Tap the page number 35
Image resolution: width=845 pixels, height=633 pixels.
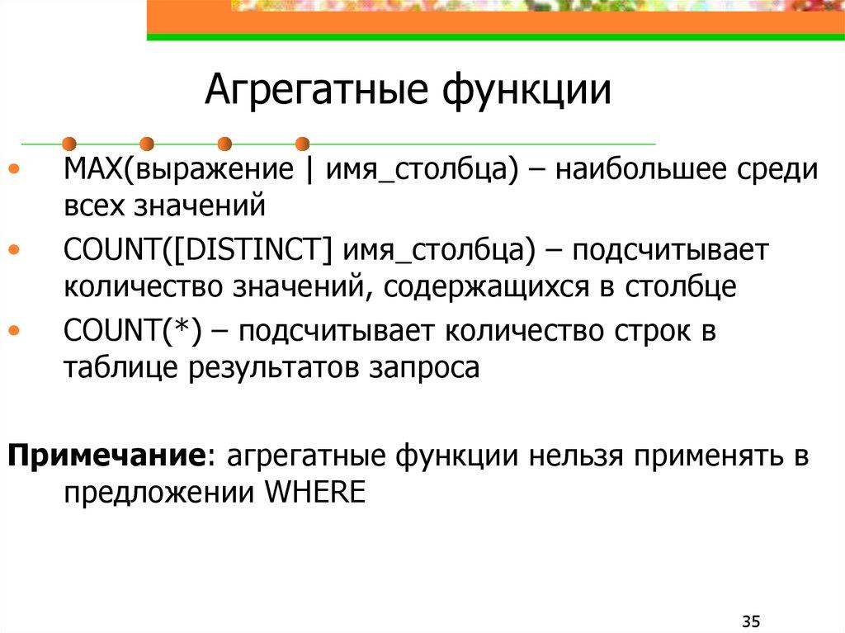[750, 620]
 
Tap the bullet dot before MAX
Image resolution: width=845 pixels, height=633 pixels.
[17, 170]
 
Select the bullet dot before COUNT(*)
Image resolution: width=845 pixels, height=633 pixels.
[17, 330]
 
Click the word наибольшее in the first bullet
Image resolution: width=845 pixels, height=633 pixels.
[642, 170]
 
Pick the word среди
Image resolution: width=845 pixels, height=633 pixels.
[777, 170]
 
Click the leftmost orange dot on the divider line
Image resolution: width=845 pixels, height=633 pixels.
[69, 143]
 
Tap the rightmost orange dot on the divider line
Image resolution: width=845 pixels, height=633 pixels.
[302, 143]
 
